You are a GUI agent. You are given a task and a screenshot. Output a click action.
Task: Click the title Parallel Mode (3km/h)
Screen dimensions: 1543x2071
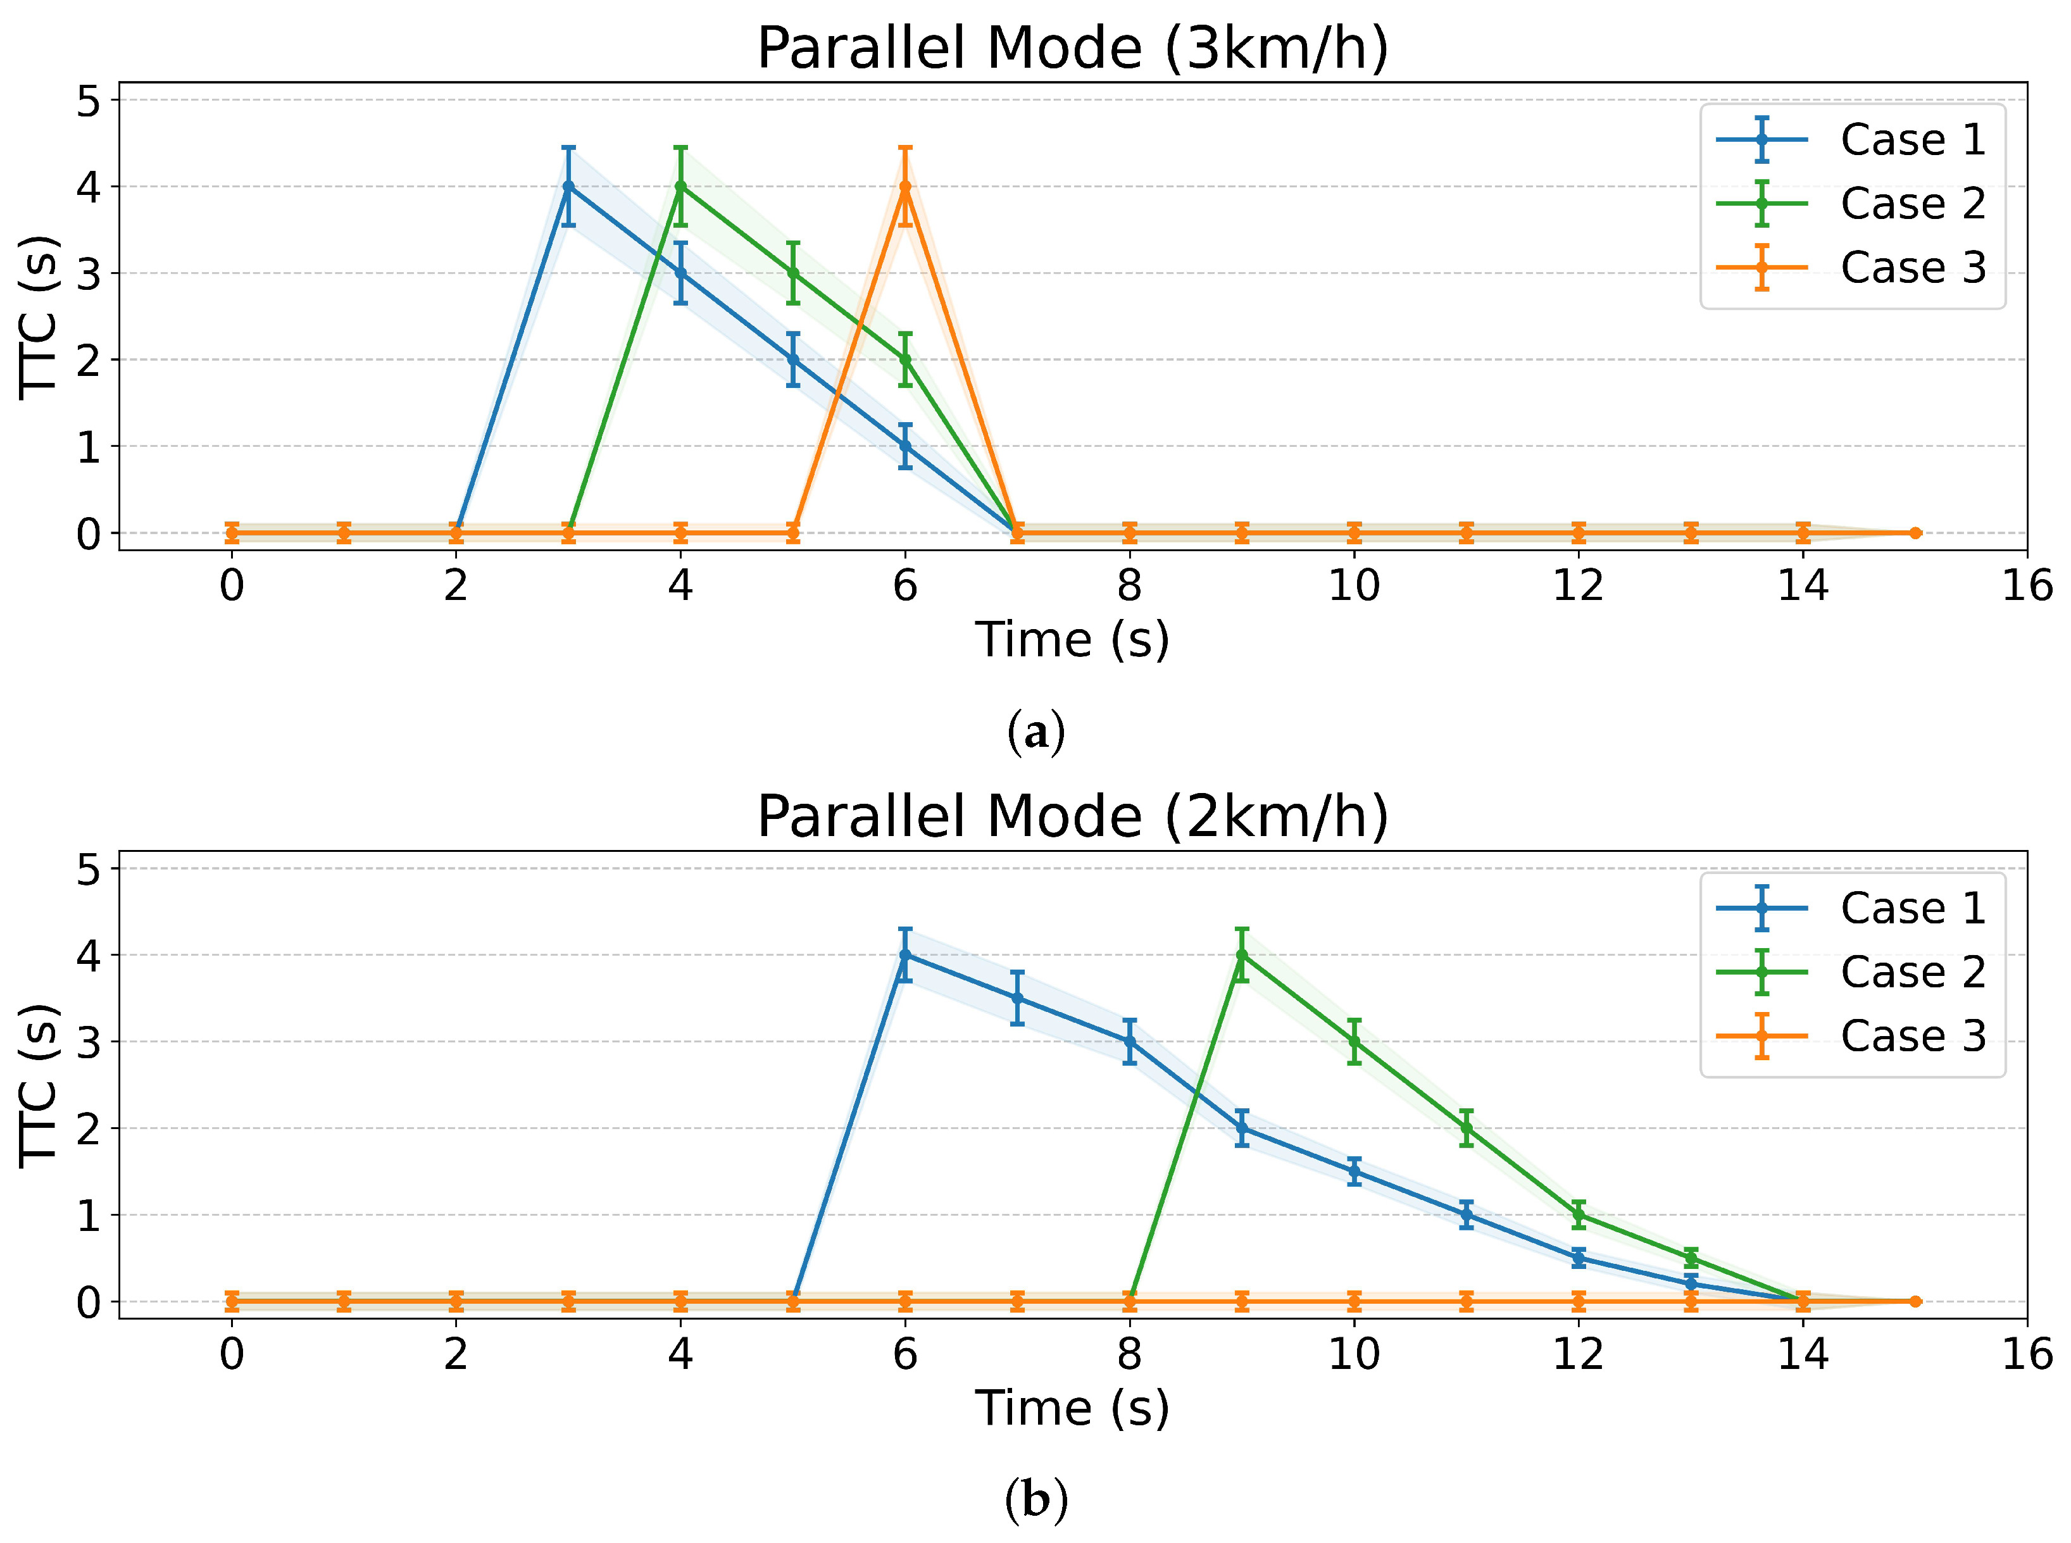[1072, 49]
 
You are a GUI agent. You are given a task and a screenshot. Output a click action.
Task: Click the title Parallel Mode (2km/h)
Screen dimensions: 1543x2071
[1072, 817]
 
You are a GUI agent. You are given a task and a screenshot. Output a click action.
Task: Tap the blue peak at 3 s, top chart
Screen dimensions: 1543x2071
[568, 187]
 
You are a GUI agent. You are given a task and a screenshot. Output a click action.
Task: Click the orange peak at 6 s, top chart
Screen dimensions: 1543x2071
[904, 187]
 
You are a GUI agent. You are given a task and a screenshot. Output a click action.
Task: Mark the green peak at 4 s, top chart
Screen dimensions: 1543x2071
[680, 187]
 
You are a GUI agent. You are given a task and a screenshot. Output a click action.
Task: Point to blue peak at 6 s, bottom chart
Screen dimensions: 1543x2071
[904, 954]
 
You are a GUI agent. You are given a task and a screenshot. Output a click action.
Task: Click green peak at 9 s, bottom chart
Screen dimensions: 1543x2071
[1241, 954]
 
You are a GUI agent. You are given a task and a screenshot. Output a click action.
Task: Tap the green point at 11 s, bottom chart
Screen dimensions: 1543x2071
[1467, 1128]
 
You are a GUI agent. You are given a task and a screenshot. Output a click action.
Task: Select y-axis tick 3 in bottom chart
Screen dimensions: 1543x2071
[89, 1042]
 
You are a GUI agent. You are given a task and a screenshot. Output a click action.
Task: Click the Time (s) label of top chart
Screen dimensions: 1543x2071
[1072, 640]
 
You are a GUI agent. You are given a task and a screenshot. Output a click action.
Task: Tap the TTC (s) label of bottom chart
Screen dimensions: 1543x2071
[39, 1085]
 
